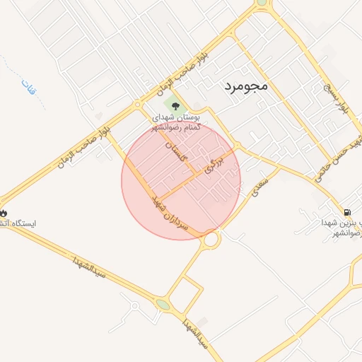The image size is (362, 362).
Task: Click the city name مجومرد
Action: point(245,86)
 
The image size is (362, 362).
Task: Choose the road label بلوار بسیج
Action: point(337,98)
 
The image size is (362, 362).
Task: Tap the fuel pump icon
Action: point(346,211)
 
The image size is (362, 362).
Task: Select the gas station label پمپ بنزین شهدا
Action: point(340,228)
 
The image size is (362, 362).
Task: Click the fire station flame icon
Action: point(4,212)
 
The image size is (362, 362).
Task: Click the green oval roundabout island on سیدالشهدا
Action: point(164,305)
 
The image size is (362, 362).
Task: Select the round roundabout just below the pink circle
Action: point(210,240)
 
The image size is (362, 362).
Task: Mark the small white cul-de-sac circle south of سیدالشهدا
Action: point(134,306)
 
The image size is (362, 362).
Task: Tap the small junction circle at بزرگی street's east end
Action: point(238,146)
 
